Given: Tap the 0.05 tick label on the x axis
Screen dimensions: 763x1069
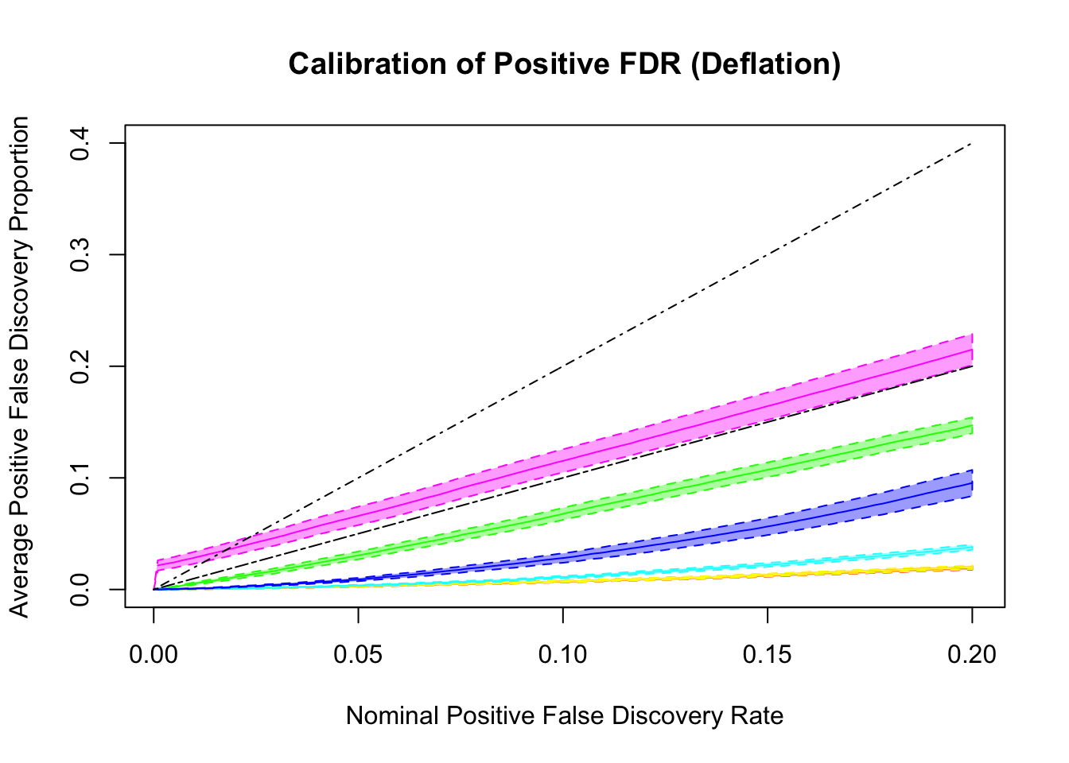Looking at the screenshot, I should coord(358,655).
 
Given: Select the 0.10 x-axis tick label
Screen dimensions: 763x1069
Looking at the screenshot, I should coord(562,655).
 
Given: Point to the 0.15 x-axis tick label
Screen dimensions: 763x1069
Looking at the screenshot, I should coord(768,655).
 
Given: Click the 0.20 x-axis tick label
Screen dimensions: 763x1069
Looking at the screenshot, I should coord(972,655).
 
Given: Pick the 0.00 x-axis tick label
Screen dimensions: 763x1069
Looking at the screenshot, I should coord(154,655).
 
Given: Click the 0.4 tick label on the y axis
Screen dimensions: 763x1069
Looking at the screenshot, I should coord(80,143).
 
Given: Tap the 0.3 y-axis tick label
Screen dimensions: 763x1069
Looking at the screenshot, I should coord(80,254).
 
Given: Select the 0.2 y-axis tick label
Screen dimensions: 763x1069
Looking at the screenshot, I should coord(80,366).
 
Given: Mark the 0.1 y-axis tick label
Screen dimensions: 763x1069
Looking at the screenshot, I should coord(80,478).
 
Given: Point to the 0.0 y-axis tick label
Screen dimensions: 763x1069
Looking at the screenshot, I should coord(80,589).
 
